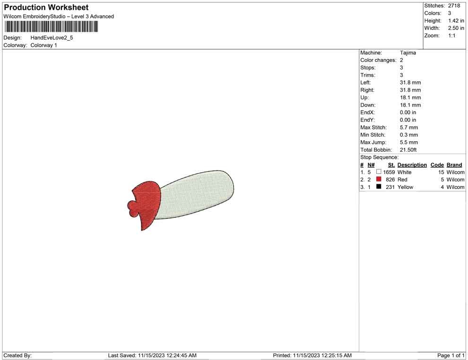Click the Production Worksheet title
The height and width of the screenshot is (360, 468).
46,8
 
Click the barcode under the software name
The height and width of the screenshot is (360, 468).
51,26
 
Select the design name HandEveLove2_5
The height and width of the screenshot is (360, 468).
52,38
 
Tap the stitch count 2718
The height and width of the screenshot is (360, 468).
454,6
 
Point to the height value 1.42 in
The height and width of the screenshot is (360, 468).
456,21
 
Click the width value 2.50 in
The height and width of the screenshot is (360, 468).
456,28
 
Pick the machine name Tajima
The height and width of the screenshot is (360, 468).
407,53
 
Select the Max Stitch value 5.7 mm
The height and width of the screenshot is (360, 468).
409,128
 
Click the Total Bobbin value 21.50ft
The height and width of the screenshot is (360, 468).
408,150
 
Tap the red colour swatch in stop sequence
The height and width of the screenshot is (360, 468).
379,179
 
